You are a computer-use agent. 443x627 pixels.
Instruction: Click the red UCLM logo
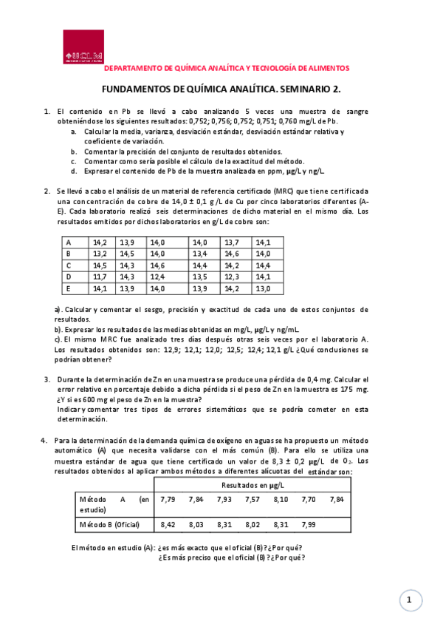83,47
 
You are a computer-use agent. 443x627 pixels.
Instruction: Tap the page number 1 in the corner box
408,600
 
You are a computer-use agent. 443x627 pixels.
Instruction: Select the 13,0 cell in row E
263,288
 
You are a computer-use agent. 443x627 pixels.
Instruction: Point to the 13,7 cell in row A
232,242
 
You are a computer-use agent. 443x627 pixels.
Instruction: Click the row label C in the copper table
69,265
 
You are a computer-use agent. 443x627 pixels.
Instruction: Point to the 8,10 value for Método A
281,500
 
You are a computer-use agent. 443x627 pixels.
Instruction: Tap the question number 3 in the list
47,379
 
